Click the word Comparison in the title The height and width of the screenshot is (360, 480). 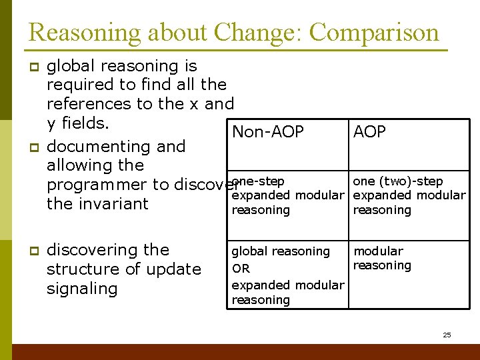pos(375,33)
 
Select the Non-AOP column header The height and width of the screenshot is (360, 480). pos(267,132)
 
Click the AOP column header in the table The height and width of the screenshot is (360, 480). pos(369,132)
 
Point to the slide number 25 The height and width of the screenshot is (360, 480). pos(447,335)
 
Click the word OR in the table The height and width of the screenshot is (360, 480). pos(241,269)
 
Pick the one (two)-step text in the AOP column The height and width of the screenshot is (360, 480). pos(397,181)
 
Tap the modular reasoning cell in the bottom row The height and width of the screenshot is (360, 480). pos(382,258)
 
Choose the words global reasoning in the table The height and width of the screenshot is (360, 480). pos(281,251)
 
